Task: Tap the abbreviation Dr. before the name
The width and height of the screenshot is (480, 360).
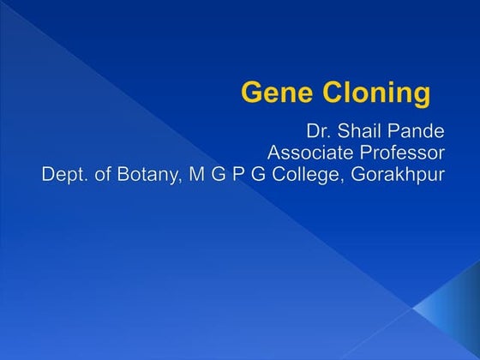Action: [318, 133]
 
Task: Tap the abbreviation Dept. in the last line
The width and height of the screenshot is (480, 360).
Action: [66, 176]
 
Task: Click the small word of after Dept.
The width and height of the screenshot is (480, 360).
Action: [102, 176]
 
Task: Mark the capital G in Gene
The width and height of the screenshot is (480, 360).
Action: [251, 92]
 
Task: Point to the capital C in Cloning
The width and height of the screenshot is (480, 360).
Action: [327, 92]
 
